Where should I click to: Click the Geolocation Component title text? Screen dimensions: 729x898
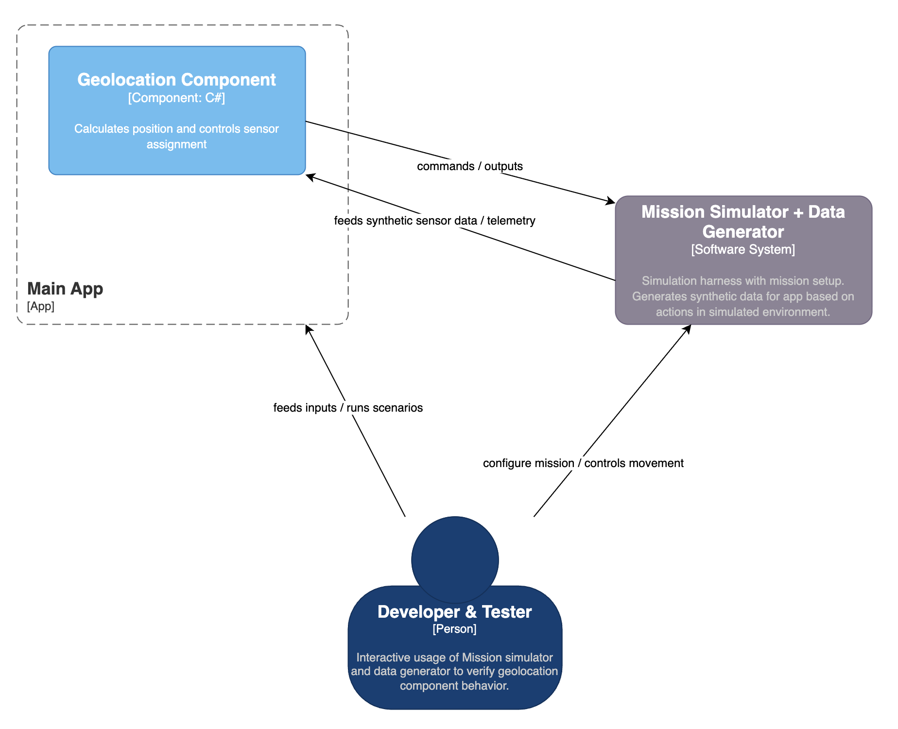click(x=176, y=80)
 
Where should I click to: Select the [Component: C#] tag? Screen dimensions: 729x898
click(x=176, y=98)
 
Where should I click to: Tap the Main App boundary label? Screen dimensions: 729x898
click(x=65, y=289)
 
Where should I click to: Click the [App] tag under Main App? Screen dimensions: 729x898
click(x=41, y=306)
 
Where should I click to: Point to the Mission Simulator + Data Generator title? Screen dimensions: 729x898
click(x=743, y=222)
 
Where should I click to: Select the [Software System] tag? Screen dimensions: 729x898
click(x=743, y=250)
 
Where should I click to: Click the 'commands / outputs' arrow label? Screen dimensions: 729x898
click(x=469, y=166)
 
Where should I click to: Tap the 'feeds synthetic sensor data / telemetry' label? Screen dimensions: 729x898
click(x=434, y=221)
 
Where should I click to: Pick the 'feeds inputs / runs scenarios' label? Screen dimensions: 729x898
click(x=348, y=408)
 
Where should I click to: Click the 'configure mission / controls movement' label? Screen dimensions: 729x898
click(x=583, y=463)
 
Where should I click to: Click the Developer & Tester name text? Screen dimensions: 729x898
click(x=454, y=612)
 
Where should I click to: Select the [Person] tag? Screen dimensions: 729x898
click(x=454, y=629)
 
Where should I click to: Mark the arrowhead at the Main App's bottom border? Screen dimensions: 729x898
click(x=308, y=329)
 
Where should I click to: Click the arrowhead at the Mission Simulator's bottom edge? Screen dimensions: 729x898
click(x=688, y=329)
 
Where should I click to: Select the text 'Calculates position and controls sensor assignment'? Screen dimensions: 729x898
click(x=176, y=137)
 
